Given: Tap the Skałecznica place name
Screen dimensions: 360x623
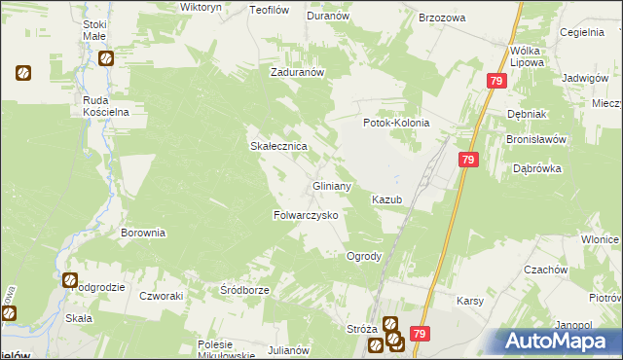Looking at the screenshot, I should tap(280, 146).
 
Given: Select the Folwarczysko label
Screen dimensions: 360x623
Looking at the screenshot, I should tap(305, 214).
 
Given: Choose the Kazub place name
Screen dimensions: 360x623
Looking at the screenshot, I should tap(386, 199).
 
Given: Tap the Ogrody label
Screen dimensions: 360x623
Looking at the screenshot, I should tap(364, 256).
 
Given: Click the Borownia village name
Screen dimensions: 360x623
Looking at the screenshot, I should tap(143, 234).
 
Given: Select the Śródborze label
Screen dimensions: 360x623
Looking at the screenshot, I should tap(244, 290).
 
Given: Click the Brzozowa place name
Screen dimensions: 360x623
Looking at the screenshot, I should tap(442, 18).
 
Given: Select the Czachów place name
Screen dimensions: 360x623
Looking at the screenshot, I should tap(545, 270).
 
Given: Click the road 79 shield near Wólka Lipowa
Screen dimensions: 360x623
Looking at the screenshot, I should tap(496, 83).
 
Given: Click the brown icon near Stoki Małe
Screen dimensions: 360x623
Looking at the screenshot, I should tap(105, 59).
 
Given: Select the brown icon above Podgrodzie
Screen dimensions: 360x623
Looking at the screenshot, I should tap(71, 280).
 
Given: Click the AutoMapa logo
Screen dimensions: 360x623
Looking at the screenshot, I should tap(559, 341).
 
